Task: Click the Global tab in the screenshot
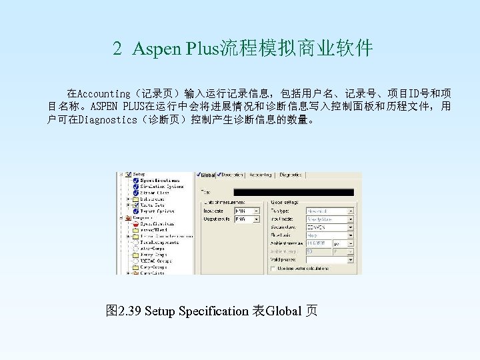(x=207, y=175)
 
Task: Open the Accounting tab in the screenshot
(x=260, y=175)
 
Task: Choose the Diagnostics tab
(x=291, y=175)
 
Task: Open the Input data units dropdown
(x=247, y=211)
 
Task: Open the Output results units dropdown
(x=247, y=219)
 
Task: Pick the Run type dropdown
(x=329, y=211)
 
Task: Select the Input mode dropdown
(x=329, y=219)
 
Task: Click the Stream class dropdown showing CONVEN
(x=329, y=227)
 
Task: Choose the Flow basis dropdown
(x=329, y=235)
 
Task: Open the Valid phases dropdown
(x=329, y=260)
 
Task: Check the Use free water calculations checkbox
(x=273, y=269)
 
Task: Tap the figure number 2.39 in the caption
(x=130, y=311)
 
